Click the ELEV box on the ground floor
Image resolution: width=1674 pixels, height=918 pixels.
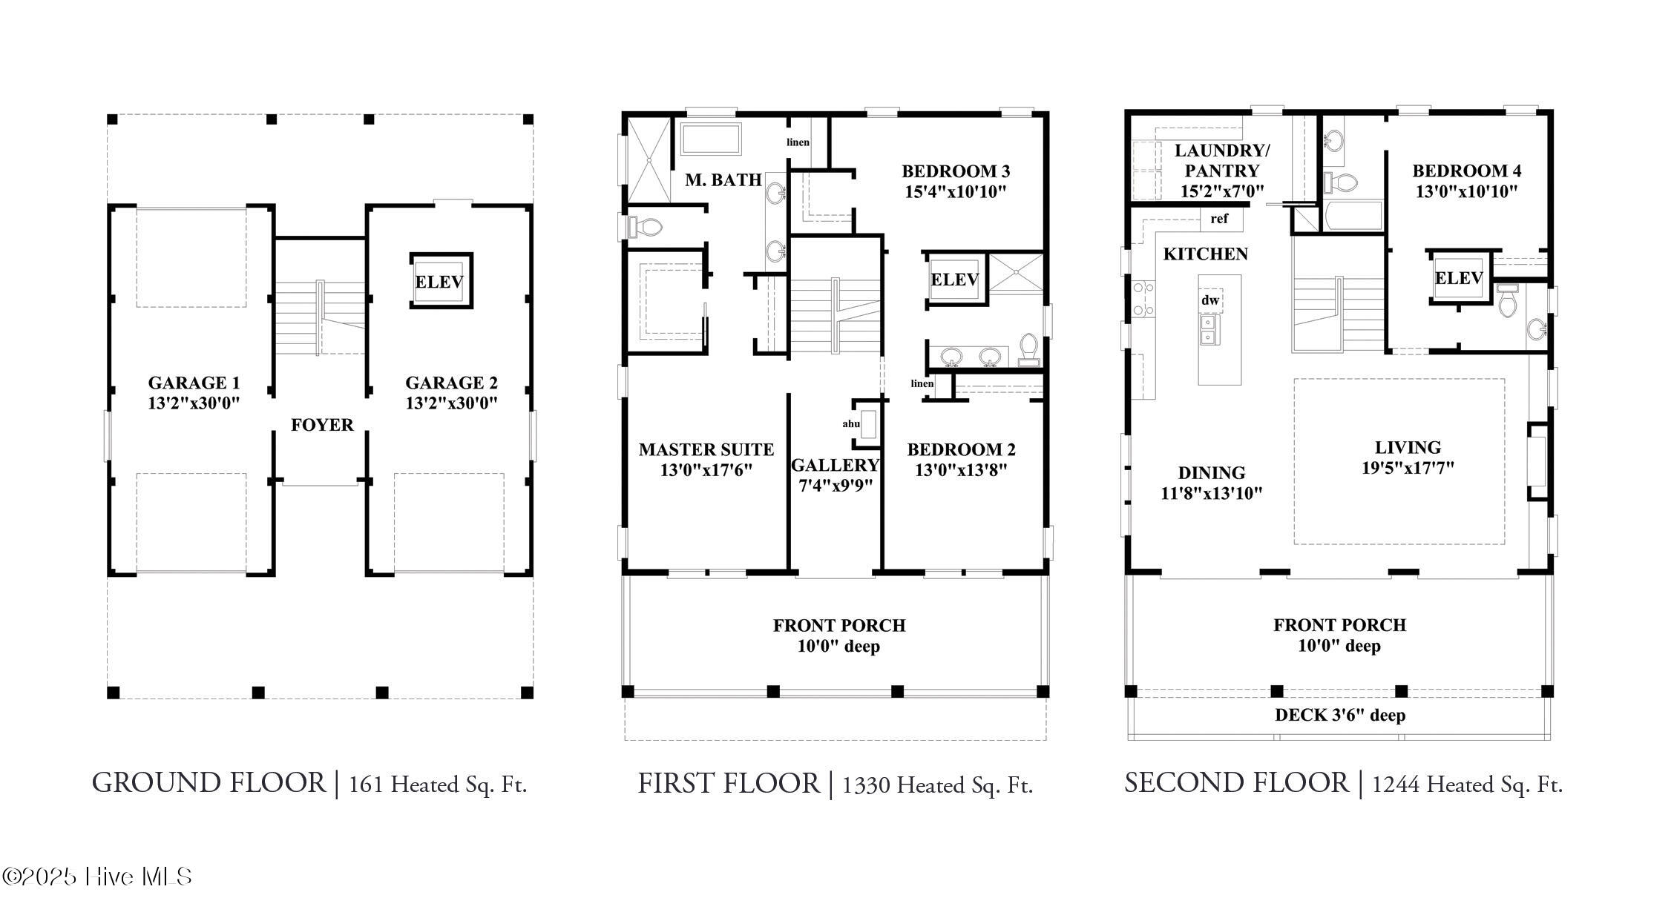coord(440,281)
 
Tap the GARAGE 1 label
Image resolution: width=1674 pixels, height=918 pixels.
coord(194,383)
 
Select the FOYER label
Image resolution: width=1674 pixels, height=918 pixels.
coord(322,425)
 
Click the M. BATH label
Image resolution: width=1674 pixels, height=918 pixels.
coord(723,179)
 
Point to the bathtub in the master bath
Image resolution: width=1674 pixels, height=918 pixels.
coord(711,139)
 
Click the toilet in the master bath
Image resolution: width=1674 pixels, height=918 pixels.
coord(644,226)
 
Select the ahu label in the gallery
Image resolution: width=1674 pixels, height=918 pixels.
coord(851,424)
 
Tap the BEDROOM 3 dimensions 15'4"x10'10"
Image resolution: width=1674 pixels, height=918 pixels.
coord(955,192)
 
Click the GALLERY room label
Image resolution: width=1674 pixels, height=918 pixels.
coord(835,465)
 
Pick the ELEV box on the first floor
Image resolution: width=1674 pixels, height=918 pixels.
coord(954,280)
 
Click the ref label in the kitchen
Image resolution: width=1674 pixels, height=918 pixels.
coord(1219,219)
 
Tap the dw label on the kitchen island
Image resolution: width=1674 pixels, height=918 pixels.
coord(1210,300)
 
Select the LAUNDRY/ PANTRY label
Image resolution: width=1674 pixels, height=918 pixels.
coord(1222,160)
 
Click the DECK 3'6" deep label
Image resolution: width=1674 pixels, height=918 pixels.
coord(1340,716)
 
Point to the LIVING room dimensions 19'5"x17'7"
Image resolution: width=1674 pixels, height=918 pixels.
coord(1408,468)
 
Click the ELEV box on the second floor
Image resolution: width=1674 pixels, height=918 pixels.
coord(1458,278)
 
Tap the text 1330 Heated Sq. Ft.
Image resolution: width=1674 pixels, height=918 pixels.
coord(937,785)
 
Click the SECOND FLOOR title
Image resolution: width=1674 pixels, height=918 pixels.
coord(1236,783)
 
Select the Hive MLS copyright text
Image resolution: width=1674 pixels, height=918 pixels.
coord(97,877)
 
